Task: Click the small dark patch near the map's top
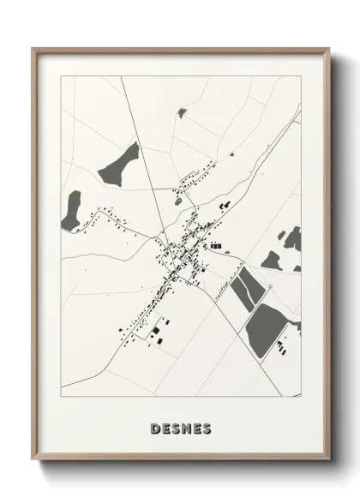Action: pos(182,111)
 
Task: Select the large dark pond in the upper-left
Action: pos(121,163)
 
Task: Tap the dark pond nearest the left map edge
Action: pos(71,211)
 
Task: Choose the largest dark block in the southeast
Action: pos(267,327)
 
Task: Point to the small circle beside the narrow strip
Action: pos(269,285)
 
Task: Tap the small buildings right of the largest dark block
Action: pos(282,347)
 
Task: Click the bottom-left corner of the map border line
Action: pos(61,397)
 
